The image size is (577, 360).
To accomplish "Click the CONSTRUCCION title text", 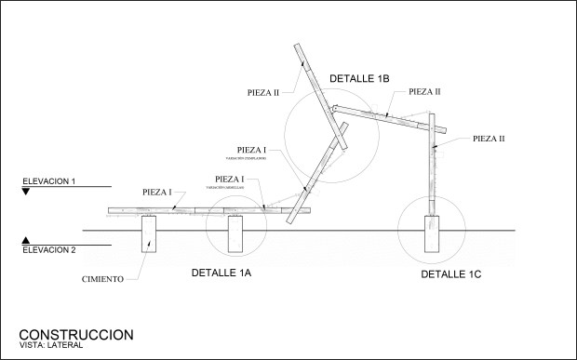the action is (x=76, y=334).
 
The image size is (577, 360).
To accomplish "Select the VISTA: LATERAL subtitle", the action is (x=50, y=346).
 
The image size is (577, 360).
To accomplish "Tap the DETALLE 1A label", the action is (x=221, y=273).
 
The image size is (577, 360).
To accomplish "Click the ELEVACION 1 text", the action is (x=48, y=180).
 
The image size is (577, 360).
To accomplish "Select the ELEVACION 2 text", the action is (x=48, y=250).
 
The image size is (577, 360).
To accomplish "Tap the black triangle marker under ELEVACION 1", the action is (x=27, y=192).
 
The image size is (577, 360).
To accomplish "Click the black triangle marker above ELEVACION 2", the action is (x=27, y=239).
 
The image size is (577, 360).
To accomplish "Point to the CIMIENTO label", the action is (x=103, y=279).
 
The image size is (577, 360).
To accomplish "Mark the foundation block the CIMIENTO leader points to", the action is (x=151, y=235).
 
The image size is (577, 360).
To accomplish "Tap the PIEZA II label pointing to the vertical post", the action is (x=489, y=138).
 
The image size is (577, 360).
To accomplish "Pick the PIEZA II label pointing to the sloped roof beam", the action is (x=423, y=92).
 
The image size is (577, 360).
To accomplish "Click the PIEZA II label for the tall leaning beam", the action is (x=264, y=92).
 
